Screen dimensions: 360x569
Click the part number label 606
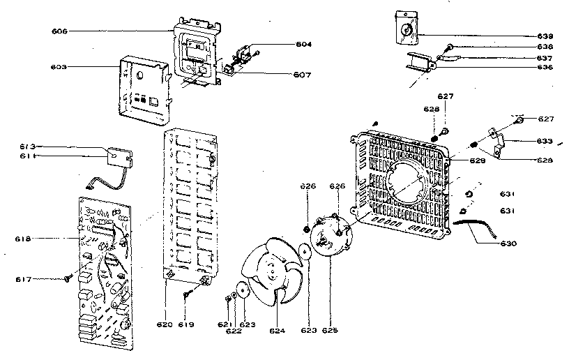point(60,32)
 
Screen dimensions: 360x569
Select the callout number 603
point(60,67)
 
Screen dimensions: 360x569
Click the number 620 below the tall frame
point(165,325)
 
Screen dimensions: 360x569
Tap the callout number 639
point(545,36)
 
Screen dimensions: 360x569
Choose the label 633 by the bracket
point(545,141)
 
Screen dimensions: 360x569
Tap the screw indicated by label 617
point(68,278)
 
